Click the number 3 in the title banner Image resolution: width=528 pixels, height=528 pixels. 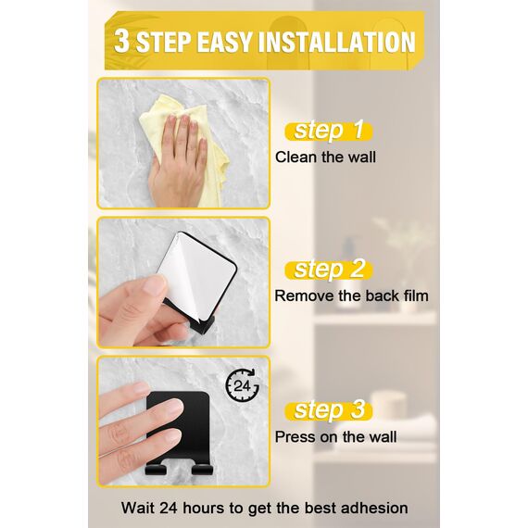pos(121,42)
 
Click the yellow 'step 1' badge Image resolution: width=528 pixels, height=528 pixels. pos(329,131)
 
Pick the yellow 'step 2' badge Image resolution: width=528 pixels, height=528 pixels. pos(329,270)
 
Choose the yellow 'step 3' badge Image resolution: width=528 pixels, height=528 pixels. pos(329,410)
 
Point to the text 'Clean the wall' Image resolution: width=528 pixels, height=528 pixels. pos(325,157)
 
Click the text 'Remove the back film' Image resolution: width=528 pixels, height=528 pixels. pos(352,296)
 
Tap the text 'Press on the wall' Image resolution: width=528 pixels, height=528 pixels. pos(335,436)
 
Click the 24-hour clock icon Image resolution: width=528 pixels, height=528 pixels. pos(242,386)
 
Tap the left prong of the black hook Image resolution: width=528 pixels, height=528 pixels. pos(156,470)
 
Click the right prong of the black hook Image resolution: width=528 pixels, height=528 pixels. pos(202,470)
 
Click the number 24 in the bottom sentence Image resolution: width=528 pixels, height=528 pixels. pos(170,508)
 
